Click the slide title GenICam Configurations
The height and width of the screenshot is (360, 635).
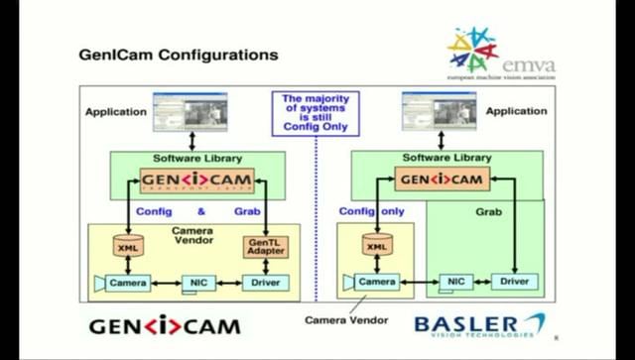click(178, 54)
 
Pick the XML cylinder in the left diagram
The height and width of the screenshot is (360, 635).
click(127, 246)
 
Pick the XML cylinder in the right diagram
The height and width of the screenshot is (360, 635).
click(376, 246)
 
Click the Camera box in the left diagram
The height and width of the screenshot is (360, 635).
click(125, 283)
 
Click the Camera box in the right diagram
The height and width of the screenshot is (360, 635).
click(374, 282)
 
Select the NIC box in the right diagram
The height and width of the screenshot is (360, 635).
click(455, 282)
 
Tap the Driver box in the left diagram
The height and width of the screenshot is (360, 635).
click(265, 283)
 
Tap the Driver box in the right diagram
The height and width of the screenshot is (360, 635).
click(514, 282)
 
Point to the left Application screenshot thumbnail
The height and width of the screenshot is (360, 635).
click(190, 111)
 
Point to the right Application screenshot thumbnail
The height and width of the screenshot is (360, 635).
click(440, 111)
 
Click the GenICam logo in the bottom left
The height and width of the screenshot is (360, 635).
click(164, 325)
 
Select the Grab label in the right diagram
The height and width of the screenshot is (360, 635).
click(488, 211)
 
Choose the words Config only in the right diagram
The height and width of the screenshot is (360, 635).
click(371, 211)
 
